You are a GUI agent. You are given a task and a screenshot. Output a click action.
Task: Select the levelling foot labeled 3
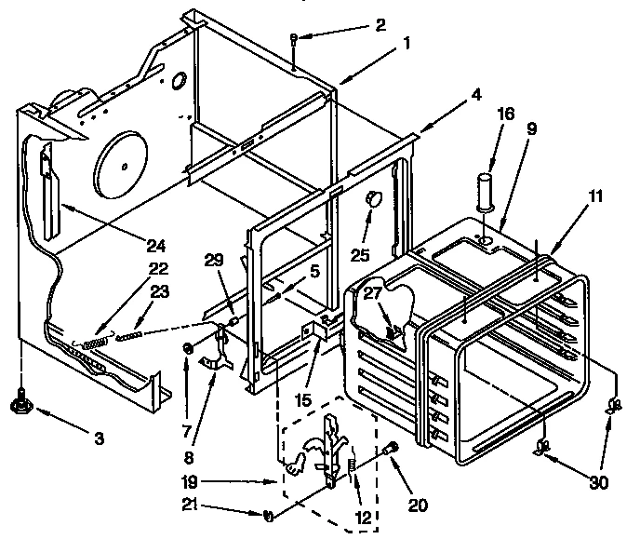tap(20, 403)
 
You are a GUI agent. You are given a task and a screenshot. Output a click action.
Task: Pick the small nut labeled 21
tap(268, 515)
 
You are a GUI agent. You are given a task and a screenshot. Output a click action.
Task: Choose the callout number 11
tap(594, 196)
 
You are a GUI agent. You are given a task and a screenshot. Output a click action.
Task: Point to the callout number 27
tap(372, 292)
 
